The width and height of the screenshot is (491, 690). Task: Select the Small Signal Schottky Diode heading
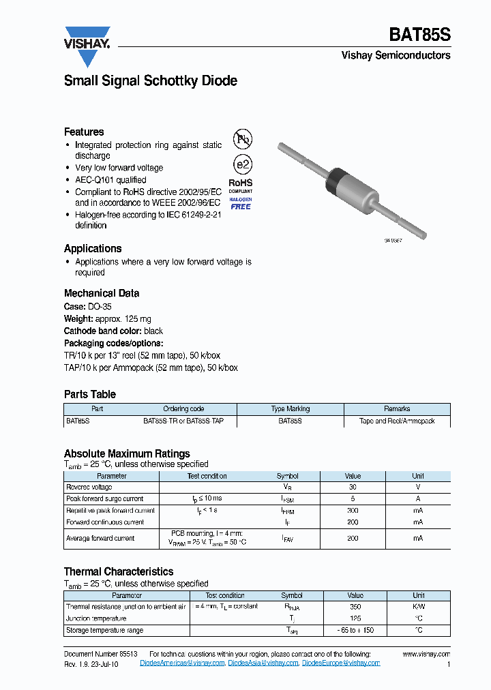tap(150, 80)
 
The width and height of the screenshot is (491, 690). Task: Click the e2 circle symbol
tap(242, 164)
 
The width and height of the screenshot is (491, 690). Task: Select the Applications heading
tap(93, 249)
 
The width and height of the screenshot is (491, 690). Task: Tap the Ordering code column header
tap(183, 409)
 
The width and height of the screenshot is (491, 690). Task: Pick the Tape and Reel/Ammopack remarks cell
tap(397, 421)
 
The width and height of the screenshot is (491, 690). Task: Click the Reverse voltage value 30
tap(353, 487)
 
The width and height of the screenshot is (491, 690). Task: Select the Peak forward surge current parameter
tap(105, 499)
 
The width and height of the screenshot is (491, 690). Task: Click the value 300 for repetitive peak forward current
tap(353, 511)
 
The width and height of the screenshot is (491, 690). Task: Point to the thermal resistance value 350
tap(355, 607)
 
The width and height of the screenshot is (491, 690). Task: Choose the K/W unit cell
tap(419, 607)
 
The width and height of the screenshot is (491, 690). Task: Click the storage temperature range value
tap(355, 631)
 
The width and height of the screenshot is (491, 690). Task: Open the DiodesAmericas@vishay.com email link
tap(182, 663)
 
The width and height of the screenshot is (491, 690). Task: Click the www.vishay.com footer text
tap(426, 653)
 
